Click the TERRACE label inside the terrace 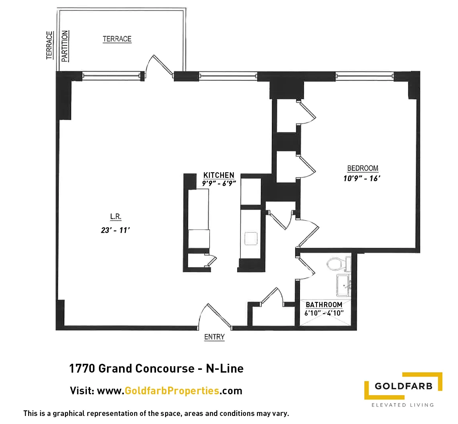[117, 39]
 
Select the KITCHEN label [218, 175]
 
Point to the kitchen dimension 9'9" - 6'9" [218, 182]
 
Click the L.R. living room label [116, 217]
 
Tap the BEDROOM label [363, 168]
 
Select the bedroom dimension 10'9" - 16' [361, 179]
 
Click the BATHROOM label [324, 305]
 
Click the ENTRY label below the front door [214, 337]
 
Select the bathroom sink [343, 284]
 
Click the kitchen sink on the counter [252, 238]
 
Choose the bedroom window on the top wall [364, 74]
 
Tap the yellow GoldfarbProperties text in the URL [172, 391]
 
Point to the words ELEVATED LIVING [402, 405]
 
